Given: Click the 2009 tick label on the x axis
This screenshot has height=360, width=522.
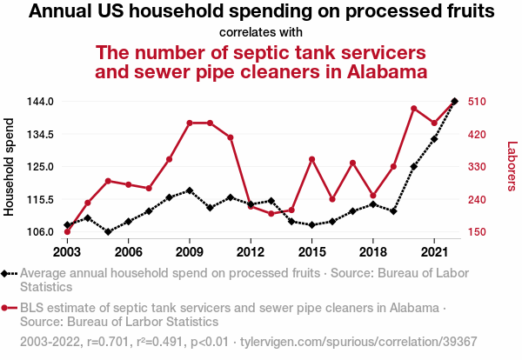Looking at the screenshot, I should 190,252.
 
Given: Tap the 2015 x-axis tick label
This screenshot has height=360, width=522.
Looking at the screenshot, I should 311,252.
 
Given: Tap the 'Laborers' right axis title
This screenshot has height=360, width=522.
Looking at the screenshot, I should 512,167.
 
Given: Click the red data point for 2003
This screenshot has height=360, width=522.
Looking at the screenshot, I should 67,231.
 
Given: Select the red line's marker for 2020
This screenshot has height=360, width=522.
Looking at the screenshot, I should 414,108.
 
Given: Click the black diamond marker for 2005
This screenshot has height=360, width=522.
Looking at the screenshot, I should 108,231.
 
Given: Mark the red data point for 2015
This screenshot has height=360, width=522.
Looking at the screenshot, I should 312,159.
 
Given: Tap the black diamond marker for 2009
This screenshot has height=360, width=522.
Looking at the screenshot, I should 190,190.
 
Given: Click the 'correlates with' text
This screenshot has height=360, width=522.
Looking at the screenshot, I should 261,32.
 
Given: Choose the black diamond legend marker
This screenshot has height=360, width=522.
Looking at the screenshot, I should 7,273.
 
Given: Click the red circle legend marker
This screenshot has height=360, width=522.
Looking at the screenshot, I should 7,308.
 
